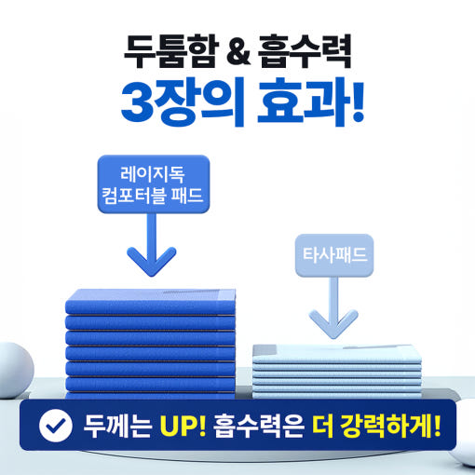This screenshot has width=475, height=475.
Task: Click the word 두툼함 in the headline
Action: [171, 51]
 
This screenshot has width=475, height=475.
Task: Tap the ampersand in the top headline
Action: [238, 52]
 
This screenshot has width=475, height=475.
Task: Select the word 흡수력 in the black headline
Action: [305, 51]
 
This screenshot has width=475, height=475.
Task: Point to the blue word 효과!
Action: [310, 102]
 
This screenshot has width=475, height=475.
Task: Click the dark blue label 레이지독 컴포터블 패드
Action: [154, 184]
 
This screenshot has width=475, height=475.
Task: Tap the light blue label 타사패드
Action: [334, 255]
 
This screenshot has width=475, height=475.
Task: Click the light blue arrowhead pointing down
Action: [333, 324]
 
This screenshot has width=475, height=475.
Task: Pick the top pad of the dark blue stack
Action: [150, 302]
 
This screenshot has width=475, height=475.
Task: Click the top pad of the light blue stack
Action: [337, 354]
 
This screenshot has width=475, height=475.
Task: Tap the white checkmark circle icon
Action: [56, 425]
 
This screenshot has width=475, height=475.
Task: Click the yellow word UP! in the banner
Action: [183, 425]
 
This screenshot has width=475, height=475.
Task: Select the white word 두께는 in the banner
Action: [117, 425]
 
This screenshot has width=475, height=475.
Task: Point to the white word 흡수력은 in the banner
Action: [258, 425]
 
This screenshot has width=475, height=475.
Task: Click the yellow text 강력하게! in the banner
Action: [390, 425]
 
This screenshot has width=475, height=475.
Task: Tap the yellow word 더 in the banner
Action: [323, 425]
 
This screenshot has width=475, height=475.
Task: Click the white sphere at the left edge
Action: [16, 370]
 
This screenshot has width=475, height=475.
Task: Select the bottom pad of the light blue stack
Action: [337, 396]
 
